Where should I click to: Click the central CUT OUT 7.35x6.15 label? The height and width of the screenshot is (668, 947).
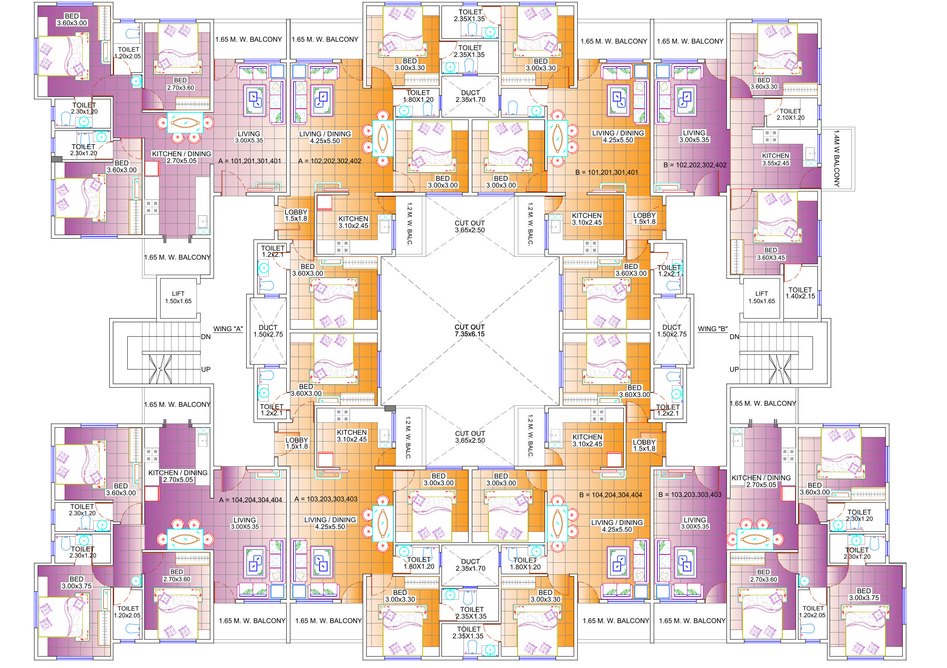[x=470, y=331]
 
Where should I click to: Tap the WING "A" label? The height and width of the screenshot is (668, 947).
[x=228, y=329]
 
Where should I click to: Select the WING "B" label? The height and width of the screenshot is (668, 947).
[x=712, y=329]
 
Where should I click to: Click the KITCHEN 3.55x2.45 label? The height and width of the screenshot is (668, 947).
[x=776, y=159]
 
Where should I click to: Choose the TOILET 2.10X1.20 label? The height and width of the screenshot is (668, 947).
[x=790, y=114]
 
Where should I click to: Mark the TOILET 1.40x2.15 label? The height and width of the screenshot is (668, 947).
[x=800, y=293]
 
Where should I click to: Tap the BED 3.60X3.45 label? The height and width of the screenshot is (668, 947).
[x=771, y=254]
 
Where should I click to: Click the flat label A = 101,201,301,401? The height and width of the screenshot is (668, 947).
[x=250, y=161]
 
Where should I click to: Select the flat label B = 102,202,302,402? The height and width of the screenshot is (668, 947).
[x=695, y=165]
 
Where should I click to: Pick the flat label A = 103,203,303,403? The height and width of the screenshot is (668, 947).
[x=326, y=499]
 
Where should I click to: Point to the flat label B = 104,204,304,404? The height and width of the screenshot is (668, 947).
[x=610, y=495]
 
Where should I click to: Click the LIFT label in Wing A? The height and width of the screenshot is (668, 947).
[x=178, y=297]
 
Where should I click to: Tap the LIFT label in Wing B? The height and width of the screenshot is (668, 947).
[x=762, y=297]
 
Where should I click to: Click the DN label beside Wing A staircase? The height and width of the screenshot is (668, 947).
[x=205, y=337]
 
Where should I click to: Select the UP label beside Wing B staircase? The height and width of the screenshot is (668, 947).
[x=734, y=369]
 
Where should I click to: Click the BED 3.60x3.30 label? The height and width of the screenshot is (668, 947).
[x=764, y=83]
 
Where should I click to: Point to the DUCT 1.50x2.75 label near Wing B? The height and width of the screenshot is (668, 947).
[x=672, y=331]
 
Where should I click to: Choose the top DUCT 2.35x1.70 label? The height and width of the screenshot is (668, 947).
[x=470, y=96]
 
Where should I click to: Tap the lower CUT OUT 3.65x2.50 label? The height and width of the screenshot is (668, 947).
[x=470, y=437]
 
